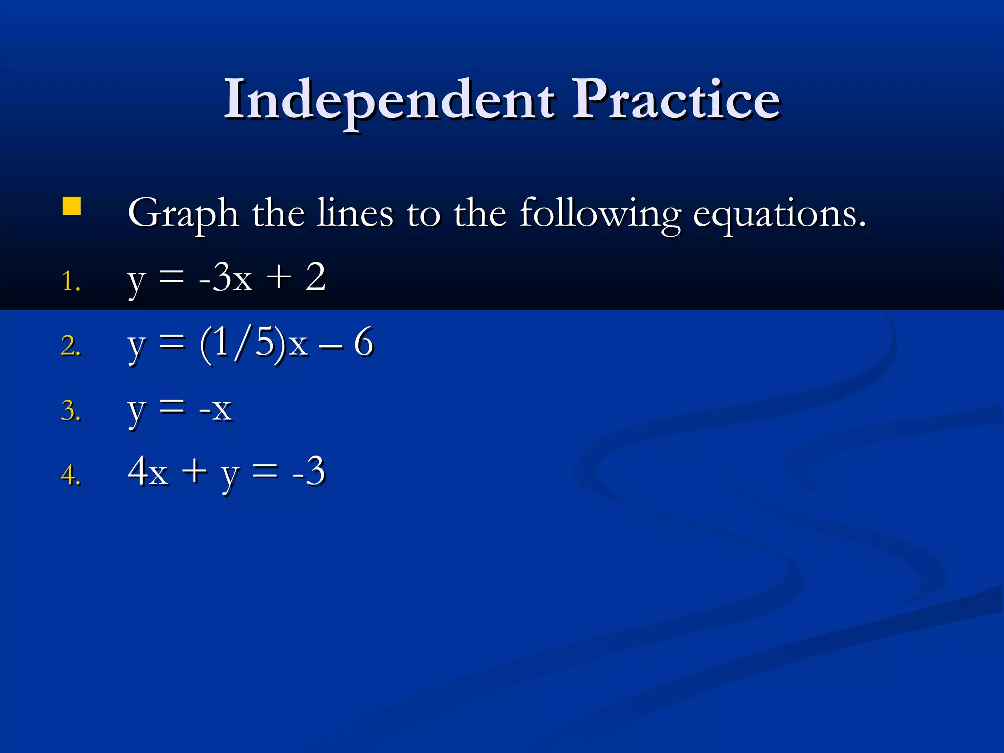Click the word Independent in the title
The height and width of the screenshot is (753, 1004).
click(x=389, y=100)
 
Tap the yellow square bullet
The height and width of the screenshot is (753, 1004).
click(x=72, y=206)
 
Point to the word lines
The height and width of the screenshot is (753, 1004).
click(x=355, y=213)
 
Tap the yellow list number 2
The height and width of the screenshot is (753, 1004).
click(x=71, y=346)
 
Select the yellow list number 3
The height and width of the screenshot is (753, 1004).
click(x=71, y=411)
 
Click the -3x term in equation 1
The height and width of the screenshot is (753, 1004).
click(x=226, y=278)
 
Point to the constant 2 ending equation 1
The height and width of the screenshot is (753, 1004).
click(x=315, y=277)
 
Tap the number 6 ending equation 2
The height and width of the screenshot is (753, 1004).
click(x=364, y=342)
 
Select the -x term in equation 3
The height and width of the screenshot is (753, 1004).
click(x=215, y=408)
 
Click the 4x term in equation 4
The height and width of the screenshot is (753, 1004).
click(x=148, y=472)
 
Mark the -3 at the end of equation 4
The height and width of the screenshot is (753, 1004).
click(x=308, y=472)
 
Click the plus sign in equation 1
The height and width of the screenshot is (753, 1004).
click(x=278, y=277)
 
